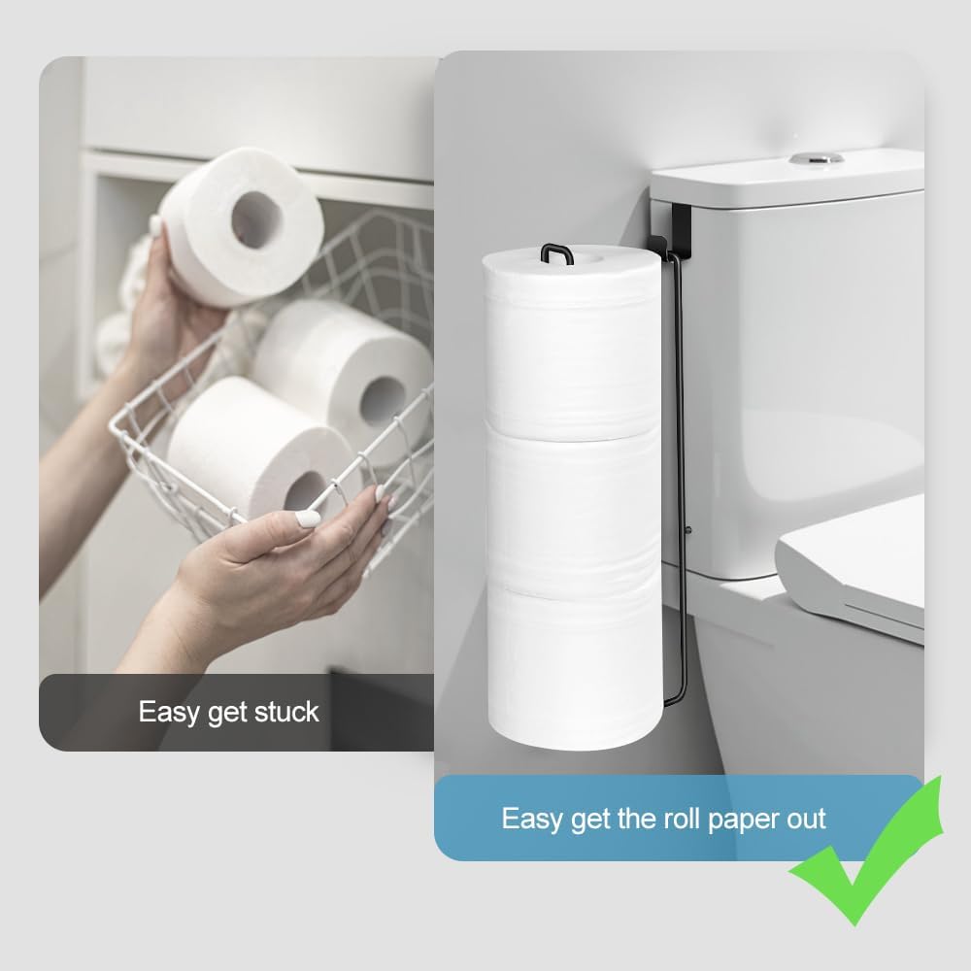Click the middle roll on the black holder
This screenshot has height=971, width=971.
point(573,505)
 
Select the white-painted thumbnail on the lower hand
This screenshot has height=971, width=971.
point(309,519)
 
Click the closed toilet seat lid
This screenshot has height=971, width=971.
point(854,563)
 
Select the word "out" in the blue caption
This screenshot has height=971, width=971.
point(805,818)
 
